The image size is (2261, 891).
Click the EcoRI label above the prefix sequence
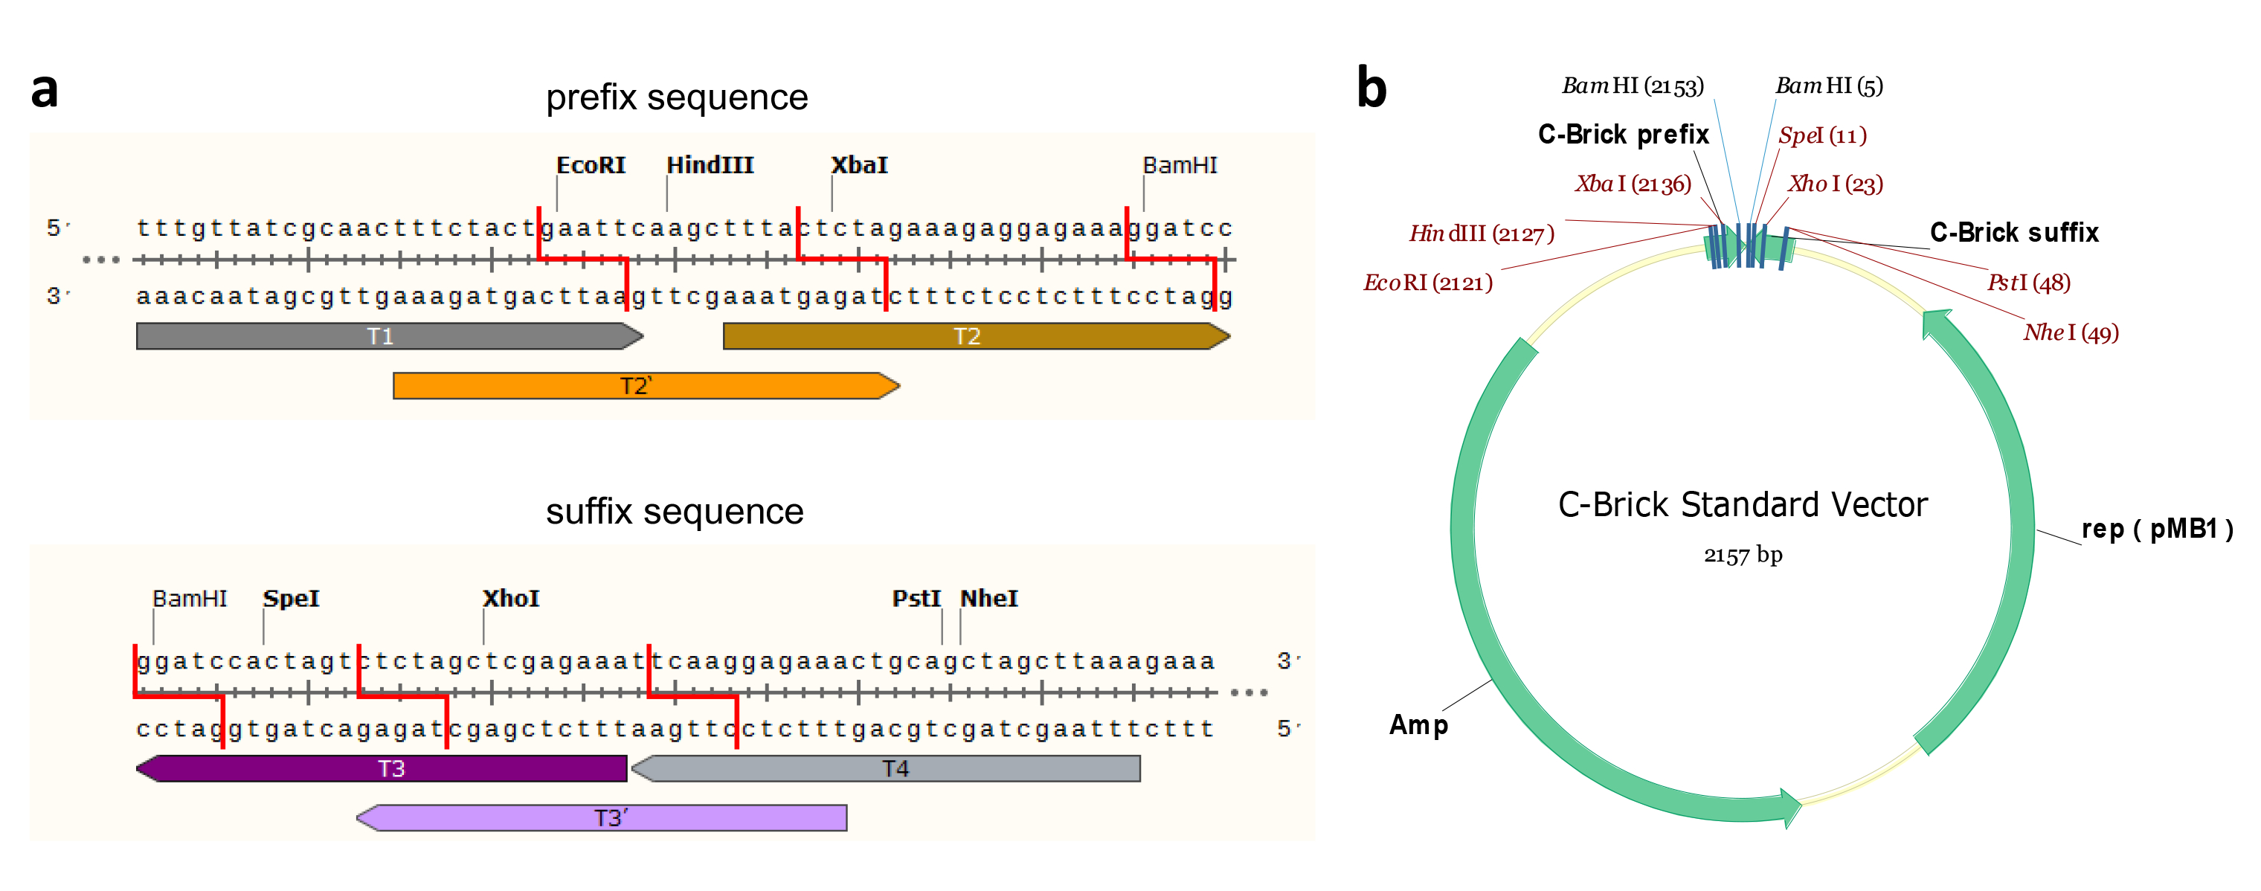(591, 165)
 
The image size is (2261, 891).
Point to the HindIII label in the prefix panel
(710, 165)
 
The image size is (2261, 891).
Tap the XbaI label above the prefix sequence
(858, 165)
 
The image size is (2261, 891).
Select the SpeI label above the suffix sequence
(292, 599)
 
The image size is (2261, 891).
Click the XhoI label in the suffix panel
(511, 599)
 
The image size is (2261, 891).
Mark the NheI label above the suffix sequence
(988, 599)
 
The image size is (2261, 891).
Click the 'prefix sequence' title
(676, 97)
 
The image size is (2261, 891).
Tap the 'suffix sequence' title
(674, 511)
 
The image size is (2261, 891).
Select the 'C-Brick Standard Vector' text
(1743, 505)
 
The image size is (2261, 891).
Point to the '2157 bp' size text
(1743, 555)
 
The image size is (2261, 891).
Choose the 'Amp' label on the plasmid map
(1418, 725)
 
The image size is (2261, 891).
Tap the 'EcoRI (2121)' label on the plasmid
(1427, 283)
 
